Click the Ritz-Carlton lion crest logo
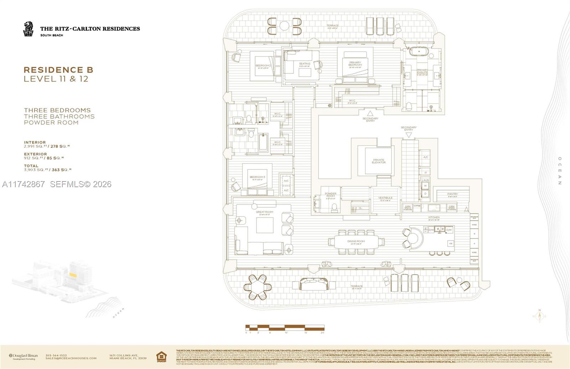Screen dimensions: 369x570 (x=28, y=29)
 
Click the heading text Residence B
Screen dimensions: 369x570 (x=58, y=70)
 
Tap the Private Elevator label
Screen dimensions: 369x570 (x=379, y=161)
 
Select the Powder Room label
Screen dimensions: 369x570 (x=331, y=195)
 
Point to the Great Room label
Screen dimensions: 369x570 (x=264, y=212)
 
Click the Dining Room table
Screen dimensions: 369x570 (x=356, y=242)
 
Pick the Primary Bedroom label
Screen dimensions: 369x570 (x=355, y=64)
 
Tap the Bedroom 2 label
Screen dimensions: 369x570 (x=263, y=66)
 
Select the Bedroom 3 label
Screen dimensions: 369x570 (x=257, y=177)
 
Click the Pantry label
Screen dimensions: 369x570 (x=452, y=194)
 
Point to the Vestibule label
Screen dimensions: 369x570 (x=385, y=198)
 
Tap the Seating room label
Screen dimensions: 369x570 (x=305, y=64)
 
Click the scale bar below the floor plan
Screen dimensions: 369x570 (x=285, y=327)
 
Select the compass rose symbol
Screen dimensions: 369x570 (x=539, y=316)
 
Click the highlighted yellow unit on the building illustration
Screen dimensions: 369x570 (x=73, y=275)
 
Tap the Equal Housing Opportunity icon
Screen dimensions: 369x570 (x=161, y=356)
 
